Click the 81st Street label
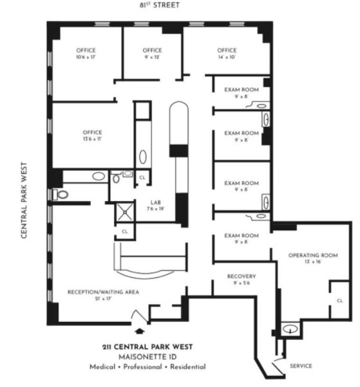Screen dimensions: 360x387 pos(159,5)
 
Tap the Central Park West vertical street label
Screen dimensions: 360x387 pos(24,200)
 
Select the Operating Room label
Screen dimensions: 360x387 pos(313,255)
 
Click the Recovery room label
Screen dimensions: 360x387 pos(242,276)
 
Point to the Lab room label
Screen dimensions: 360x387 pos(156,203)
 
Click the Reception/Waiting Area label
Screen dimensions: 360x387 pos(103,292)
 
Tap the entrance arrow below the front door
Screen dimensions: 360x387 pos(140,331)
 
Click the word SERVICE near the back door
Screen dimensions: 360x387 pos(301,366)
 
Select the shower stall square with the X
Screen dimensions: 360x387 pos(125,212)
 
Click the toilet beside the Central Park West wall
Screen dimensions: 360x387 pos(61,194)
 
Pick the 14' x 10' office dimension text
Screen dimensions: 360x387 pos(227,57)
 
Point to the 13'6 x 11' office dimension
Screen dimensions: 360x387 pos(92,139)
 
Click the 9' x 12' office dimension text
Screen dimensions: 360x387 pos(152,57)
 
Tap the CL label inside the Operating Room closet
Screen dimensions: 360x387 pos(340,300)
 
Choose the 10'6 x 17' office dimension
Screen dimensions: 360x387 pos(86,57)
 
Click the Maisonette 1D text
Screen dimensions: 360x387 pos(147,357)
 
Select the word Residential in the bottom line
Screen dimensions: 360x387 pos(188,367)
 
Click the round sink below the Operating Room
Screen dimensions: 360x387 pos(290,329)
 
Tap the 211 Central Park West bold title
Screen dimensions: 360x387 pos(147,347)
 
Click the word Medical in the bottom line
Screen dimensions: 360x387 pos(102,367)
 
